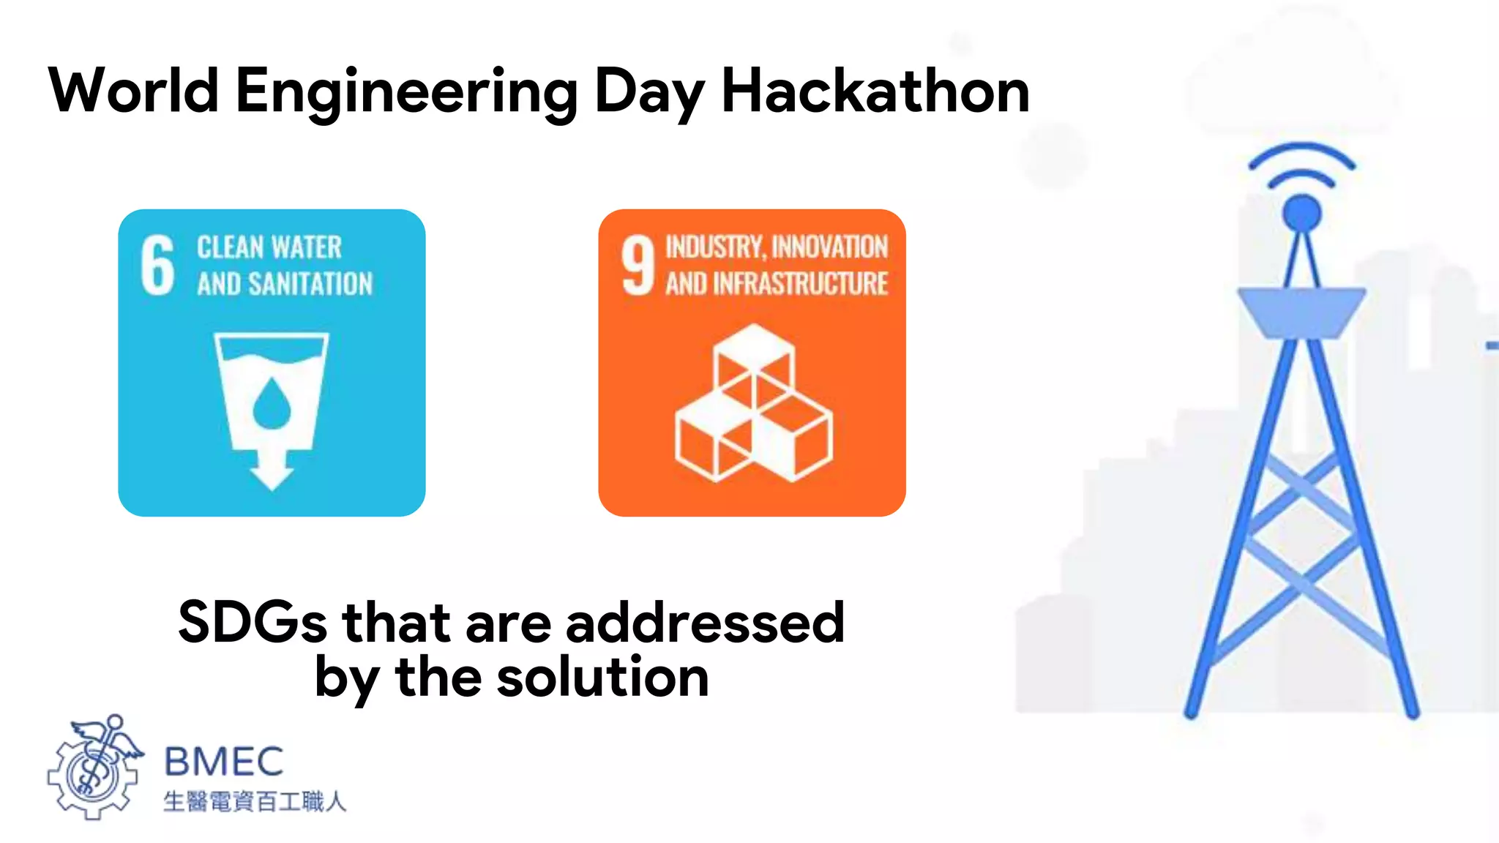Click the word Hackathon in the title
click(875, 91)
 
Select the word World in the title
click(133, 91)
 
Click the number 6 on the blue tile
click(157, 265)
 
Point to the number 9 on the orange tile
click(638, 265)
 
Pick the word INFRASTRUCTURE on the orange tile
click(800, 284)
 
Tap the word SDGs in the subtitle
click(252, 622)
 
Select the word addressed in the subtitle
click(705, 622)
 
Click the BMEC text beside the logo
click(224, 762)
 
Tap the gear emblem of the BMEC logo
click(93, 772)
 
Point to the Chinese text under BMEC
click(254, 801)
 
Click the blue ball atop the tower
click(1301, 213)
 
